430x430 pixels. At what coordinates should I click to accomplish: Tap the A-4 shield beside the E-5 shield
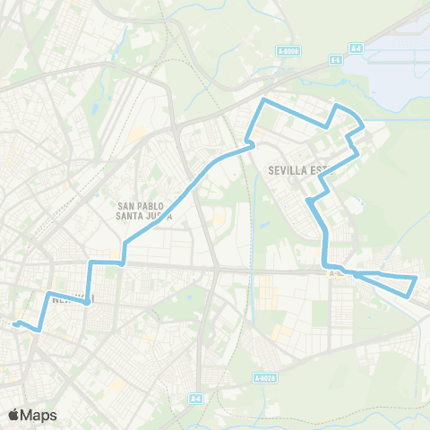[x=356, y=47]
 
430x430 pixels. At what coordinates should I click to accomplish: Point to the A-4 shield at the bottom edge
[x=196, y=397]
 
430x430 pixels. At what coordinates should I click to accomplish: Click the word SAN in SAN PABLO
[x=126, y=205]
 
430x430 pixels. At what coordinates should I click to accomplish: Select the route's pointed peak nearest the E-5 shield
[x=336, y=106]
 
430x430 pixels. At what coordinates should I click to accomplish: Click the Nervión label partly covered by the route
[x=72, y=300]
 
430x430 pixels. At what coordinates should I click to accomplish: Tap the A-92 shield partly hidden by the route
[x=335, y=273]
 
